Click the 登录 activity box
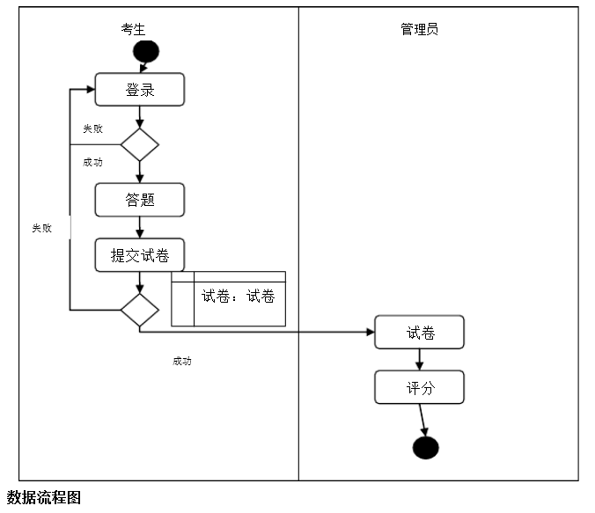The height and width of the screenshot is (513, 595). pos(140,90)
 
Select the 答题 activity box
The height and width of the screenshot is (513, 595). pos(140,200)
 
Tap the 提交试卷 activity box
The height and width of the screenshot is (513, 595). pos(140,256)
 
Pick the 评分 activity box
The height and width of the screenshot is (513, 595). pos(419,387)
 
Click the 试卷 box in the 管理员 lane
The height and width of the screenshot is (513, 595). pos(419,333)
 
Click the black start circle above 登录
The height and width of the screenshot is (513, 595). pos(145,51)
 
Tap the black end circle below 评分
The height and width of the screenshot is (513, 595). pos(425,447)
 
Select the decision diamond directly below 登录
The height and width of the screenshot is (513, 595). pos(139,144)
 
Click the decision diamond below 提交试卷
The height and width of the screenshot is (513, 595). pos(139,310)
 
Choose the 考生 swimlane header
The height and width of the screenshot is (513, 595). pos(134,29)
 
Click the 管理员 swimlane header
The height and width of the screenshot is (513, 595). pos(419,29)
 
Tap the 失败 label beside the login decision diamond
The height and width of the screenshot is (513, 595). pos(92,128)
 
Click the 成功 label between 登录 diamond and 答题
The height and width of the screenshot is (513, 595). pos(92,162)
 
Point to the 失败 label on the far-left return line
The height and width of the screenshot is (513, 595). pos(41,228)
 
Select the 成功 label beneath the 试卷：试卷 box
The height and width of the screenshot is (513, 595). pos(182,361)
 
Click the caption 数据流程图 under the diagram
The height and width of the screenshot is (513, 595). pos(44,498)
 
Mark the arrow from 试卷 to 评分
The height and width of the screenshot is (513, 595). pos(420,359)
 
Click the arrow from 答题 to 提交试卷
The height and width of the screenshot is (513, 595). pos(140,227)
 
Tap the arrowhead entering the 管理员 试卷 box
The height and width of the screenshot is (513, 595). pos(369,332)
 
